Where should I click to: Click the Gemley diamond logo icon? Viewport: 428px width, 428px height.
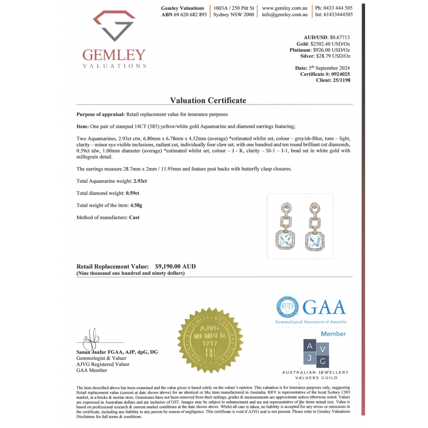[x=114, y=27]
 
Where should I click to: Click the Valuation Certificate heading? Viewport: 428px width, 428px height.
[x=208, y=100]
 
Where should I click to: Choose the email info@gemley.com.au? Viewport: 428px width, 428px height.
[x=285, y=15]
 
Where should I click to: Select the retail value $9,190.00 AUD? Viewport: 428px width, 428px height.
[x=175, y=266]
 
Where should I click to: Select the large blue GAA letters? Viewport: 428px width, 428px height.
[x=324, y=307]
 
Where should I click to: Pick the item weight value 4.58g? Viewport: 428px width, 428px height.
[x=136, y=205]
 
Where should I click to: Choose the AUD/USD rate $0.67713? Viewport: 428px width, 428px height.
[x=340, y=38]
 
